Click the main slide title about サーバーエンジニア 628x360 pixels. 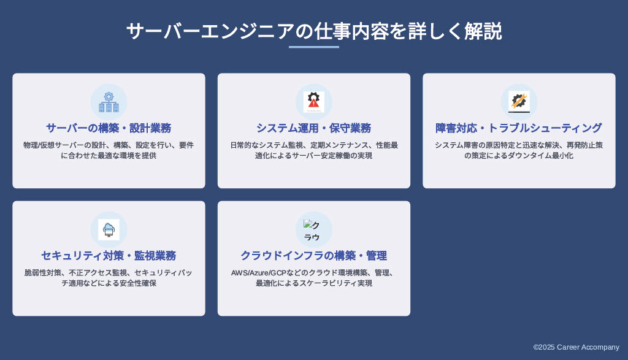coord(314,31)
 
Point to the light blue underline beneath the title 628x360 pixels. coord(314,47)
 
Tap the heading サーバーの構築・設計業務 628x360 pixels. coord(109,128)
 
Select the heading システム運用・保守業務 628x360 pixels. coord(313,128)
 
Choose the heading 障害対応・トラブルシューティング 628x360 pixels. coord(519,128)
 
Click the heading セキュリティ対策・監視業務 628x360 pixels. coord(109,256)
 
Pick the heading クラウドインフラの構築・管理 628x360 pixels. coord(313,256)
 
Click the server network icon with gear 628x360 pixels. coord(109,102)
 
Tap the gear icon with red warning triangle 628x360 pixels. coord(313,102)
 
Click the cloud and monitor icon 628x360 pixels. coord(109,230)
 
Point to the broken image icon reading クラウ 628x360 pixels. coord(312,230)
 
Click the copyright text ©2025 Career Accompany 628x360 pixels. coord(576,347)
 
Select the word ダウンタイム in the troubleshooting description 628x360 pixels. coord(529,155)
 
